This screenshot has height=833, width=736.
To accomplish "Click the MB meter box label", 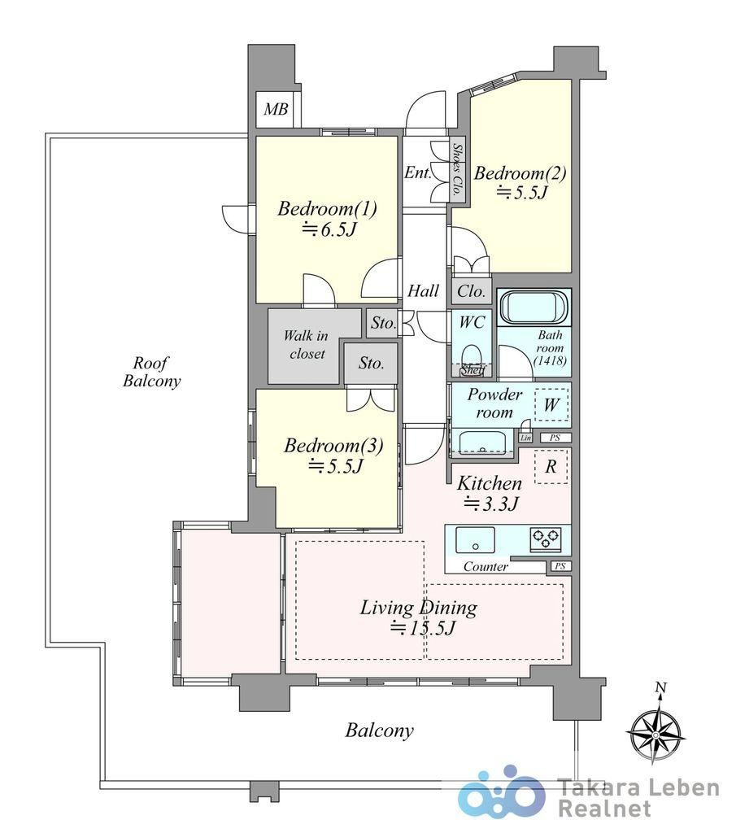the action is (x=277, y=110).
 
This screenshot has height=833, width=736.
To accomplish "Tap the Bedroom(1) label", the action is (x=327, y=209).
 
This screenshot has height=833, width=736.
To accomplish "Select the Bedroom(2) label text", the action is (x=520, y=173).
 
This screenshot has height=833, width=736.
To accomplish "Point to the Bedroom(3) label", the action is (x=333, y=446).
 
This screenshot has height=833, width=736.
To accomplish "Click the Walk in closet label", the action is (x=306, y=345).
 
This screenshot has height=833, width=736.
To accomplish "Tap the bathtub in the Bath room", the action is (x=533, y=307).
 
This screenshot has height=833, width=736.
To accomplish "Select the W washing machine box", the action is (x=551, y=405).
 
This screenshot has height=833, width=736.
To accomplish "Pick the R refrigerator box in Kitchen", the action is (x=551, y=466).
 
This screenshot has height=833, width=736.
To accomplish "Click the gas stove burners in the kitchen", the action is (x=546, y=539).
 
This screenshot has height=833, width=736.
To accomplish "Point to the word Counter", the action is (x=486, y=567).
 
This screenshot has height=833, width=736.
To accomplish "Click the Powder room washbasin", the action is (x=482, y=442).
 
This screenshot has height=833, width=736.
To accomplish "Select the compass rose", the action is (x=655, y=734).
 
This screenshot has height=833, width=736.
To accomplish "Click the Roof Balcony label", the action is (x=151, y=372).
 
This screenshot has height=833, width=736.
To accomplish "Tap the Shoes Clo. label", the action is (x=457, y=169).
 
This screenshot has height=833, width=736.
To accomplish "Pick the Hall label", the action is (x=423, y=290).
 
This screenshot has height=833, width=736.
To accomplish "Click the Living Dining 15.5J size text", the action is (x=423, y=629).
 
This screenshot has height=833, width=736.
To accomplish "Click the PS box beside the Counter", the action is (x=560, y=566).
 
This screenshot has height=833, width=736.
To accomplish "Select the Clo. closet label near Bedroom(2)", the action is (x=472, y=291).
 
